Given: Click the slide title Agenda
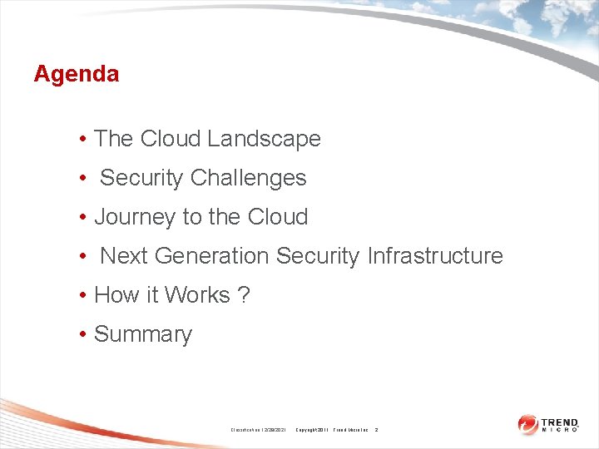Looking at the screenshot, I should click(x=77, y=74).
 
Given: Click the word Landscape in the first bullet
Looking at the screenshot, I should click(x=264, y=139).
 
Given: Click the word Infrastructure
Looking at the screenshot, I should click(x=434, y=256).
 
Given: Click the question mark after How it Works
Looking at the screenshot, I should click(x=244, y=295).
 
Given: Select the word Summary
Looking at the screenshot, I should click(x=143, y=334).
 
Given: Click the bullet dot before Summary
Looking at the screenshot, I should click(x=84, y=335).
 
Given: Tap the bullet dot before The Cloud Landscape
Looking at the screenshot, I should click(x=84, y=140).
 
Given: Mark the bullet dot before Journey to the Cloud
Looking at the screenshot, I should click(x=84, y=218).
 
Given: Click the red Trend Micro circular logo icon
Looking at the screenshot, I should click(x=527, y=424).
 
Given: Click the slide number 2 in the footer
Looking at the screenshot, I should click(x=376, y=430).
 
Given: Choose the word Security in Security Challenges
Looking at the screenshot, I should click(x=142, y=178).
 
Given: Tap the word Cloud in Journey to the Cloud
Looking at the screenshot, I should click(x=279, y=217).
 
